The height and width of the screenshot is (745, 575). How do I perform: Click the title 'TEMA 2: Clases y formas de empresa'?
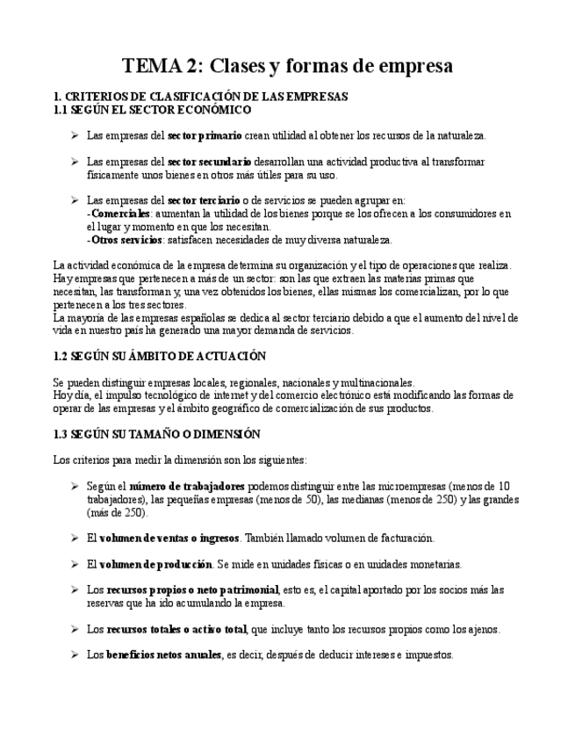point(287,66)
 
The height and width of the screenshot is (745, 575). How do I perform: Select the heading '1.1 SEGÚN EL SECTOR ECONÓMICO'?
point(153,110)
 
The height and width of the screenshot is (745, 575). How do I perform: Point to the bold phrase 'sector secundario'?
point(210,162)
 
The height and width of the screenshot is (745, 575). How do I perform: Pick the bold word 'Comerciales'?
point(121,213)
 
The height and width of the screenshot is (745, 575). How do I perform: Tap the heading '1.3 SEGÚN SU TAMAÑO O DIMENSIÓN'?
point(157,434)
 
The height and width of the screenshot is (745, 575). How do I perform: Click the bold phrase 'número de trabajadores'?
point(187,486)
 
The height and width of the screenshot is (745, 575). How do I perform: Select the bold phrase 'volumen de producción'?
point(155,564)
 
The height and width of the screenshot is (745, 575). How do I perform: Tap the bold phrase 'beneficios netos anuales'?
point(164,655)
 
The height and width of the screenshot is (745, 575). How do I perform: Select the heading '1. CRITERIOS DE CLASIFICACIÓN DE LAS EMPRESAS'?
point(201,97)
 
